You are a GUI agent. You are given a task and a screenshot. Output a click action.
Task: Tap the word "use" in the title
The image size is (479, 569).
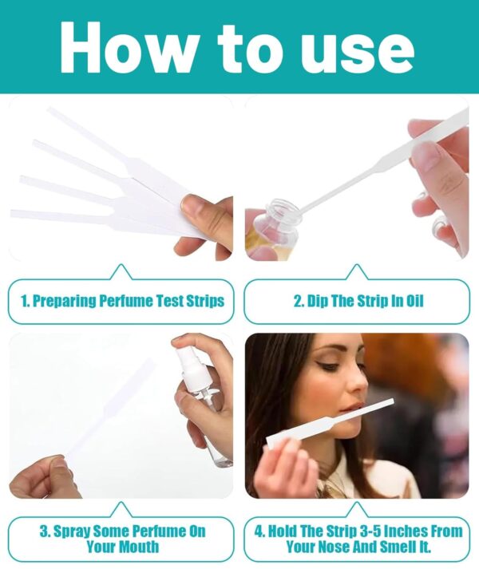coord(364,53)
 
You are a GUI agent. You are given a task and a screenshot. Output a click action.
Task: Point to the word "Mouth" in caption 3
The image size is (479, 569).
coord(139,546)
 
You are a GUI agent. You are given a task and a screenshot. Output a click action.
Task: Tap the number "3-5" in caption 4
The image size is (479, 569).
coord(370,531)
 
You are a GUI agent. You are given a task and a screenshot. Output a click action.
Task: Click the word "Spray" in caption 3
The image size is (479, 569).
coord(72,532)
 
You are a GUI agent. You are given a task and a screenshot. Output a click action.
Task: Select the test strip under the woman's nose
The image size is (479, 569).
coord(330,423)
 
